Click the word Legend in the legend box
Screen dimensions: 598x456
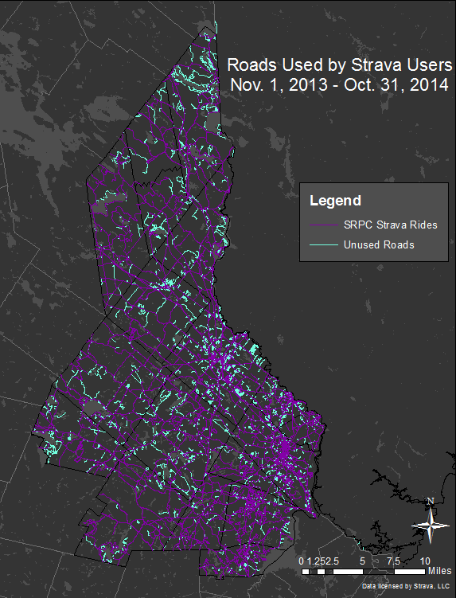[x=335, y=201]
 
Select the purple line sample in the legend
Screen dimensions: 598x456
[x=322, y=225]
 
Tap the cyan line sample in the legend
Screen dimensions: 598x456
[x=322, y=244]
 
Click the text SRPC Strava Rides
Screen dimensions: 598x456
[x=390, y=225]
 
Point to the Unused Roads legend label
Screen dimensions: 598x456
[x=379, y=244]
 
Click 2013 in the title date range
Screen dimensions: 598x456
[x=299, y=84]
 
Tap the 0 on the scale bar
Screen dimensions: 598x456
[x=301, y=561]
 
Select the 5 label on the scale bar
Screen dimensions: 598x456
[x=362, y=561]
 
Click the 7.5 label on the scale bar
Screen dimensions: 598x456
[x=392, y=561]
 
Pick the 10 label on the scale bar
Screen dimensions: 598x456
[x=426, y=561]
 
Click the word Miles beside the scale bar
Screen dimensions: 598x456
[x=439, y=571]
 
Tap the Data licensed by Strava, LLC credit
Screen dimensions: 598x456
[x=405, y=586]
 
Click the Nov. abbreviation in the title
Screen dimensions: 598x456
[x=244, y=84]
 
